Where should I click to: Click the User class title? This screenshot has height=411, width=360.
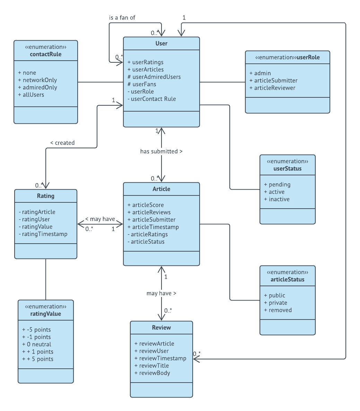click(161, 43)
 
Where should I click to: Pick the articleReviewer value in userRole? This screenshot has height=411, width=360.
click(274, 88)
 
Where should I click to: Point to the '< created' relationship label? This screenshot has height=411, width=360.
click(62, 143)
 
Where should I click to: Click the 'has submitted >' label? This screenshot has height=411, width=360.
click(161, 151)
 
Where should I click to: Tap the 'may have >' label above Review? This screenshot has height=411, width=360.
click(161, 294)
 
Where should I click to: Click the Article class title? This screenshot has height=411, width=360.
click(161, 189)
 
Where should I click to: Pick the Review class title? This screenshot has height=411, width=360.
click(161, 327)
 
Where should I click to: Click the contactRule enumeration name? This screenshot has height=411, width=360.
click(46, 54)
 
